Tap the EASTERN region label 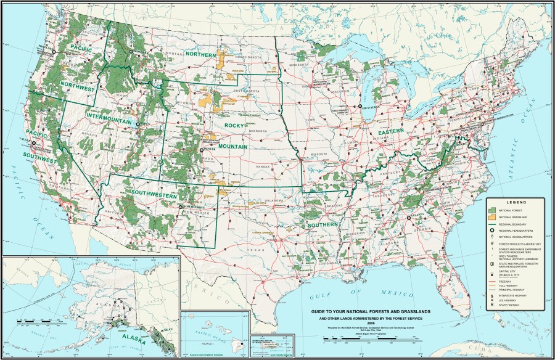coord(391,132)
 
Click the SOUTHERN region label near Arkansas coord(321,225)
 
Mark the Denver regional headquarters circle coord(201,150)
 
